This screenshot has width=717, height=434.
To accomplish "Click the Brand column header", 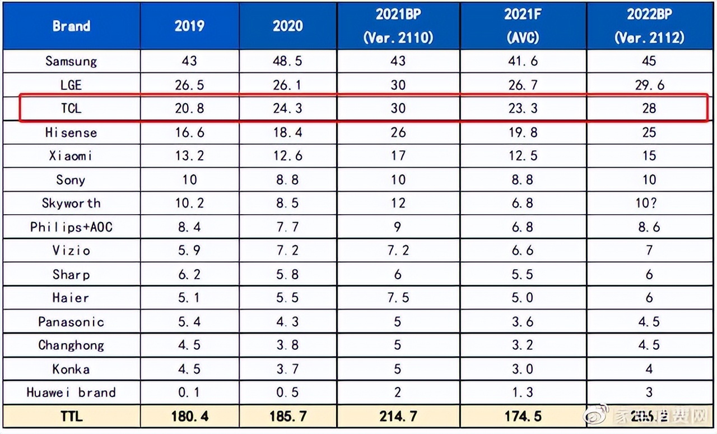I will pos(71,26).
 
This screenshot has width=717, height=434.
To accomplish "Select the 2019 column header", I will pos(189,26).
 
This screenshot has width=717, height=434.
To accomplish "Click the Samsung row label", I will pos(71,61).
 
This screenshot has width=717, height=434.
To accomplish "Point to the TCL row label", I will pos(71,108).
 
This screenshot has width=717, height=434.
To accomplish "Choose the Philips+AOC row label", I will pos(71,227).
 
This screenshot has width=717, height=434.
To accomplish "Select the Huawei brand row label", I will pos(71,393).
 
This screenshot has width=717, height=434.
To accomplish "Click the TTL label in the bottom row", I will pos(71,417).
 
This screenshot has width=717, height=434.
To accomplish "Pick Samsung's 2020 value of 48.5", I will pos(287,61).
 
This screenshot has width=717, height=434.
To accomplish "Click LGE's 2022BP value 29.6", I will pos(649,85).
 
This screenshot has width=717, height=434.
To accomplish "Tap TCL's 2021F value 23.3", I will pos(522,108).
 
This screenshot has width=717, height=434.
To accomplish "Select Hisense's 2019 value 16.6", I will pos(189,133).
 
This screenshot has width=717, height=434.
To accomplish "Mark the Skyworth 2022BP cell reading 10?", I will pos(649,203).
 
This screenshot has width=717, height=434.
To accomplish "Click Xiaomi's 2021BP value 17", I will pos(398,156).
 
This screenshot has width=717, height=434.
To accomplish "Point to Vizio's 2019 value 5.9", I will pos(189,251).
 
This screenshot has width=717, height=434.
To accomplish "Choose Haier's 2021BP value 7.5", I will pos(398,298).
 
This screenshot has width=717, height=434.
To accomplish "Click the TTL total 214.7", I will pos(398,417).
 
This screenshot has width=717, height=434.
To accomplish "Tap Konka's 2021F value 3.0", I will pos(522,369).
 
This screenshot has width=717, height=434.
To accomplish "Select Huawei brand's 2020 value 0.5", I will pos(287,393).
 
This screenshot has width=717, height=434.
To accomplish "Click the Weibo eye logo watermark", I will pos(593,416).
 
